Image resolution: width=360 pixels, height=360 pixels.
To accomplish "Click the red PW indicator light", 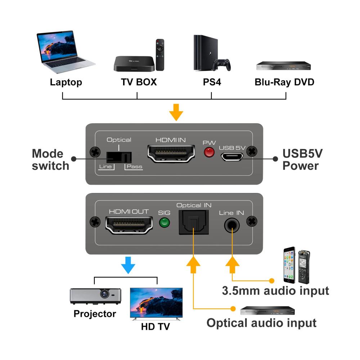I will pyautogui.click(x=208, y=153).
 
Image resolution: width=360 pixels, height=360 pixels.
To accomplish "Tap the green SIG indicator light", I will pyautogui.click(x=165, y=223).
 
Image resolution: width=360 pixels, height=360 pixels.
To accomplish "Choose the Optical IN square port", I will pyautogui.click(x=192, y=222).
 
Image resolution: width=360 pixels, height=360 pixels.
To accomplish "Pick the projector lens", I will pyautogui.click(x=105, y=294).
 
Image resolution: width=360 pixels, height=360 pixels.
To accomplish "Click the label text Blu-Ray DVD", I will pyautogui.click(x=284, y=82).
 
